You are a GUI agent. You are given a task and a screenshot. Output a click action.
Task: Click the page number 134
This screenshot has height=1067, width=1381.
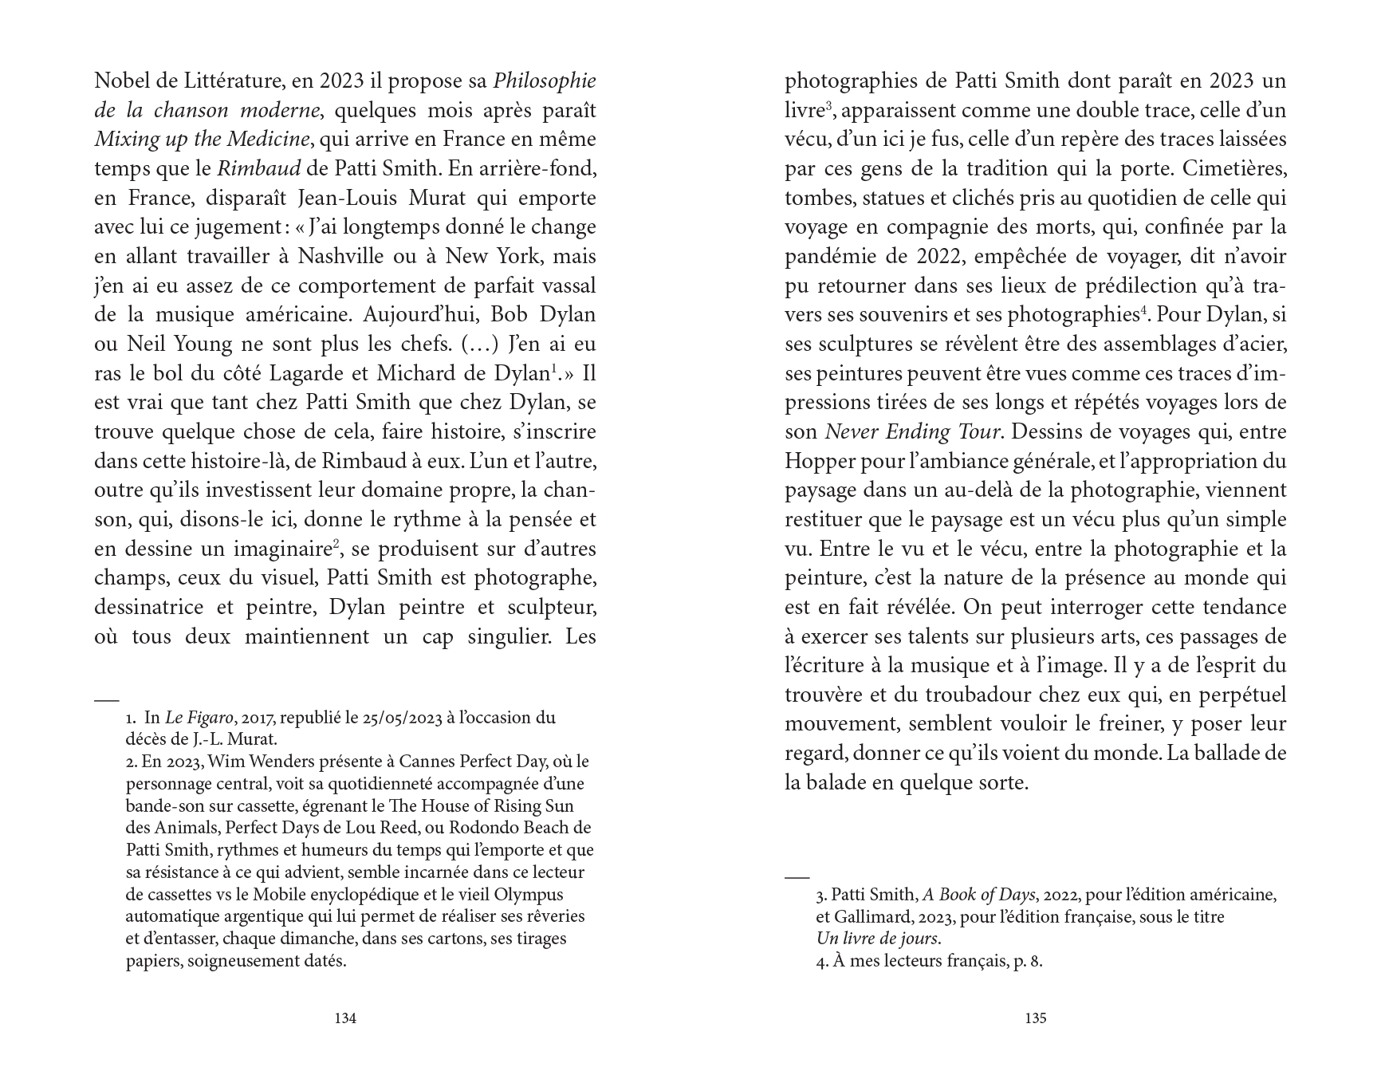345,1018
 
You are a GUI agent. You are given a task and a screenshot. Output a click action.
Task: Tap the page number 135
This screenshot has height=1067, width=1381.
1035,1018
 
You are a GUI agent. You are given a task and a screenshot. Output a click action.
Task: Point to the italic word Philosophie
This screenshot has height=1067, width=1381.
545,81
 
